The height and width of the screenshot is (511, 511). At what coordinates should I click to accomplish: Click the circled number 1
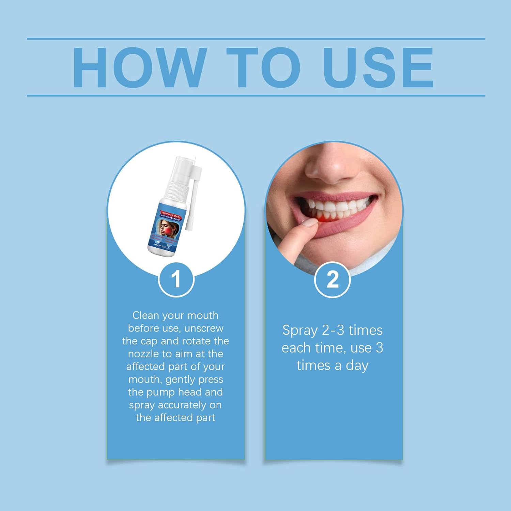176,280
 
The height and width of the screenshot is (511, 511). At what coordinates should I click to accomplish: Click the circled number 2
332,280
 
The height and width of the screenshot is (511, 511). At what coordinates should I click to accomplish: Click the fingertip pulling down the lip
308,225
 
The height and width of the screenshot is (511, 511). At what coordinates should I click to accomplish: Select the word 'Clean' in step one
146,315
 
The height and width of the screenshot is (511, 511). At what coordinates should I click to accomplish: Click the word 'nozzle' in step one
143,354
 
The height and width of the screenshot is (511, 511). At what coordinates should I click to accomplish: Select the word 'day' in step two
357,366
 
